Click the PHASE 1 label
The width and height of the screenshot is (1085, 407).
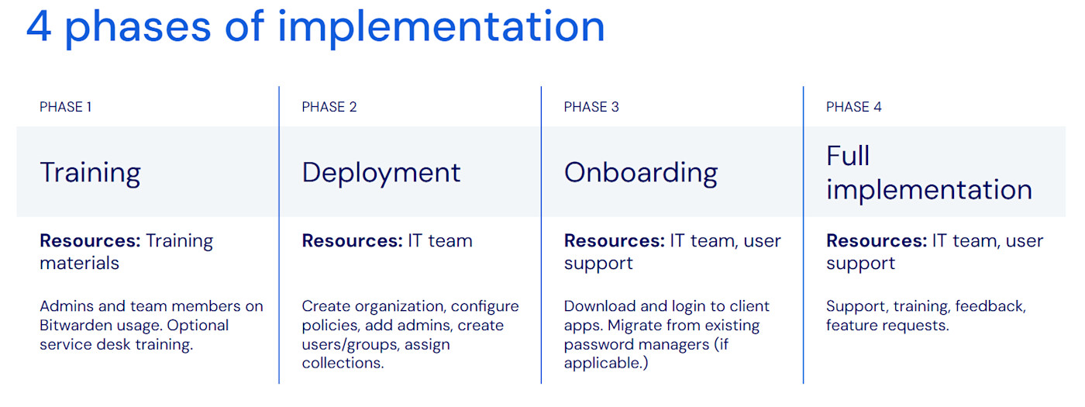click(66, 107)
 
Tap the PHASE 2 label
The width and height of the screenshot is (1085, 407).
click(329, 107)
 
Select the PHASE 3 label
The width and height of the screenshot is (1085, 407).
click(591, 107)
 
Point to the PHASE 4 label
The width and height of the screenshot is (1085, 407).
click(854, 107)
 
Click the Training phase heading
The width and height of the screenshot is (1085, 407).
click(90, 172)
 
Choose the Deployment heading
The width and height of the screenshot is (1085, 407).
click(381, 172)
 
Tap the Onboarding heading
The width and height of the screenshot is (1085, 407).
click(641, 172)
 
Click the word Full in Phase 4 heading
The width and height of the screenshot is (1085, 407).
click(848, 156)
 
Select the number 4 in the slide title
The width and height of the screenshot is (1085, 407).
click(39, 26)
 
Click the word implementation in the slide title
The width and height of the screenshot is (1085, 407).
click(441, 26)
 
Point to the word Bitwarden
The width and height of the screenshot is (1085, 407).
click(75, 326)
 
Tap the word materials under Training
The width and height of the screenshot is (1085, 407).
click(80, 264)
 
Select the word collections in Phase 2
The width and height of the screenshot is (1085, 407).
click(343, 364)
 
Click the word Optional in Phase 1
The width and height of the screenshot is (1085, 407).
click(198, 326)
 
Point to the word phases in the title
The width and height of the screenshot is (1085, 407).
click(137, 28)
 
